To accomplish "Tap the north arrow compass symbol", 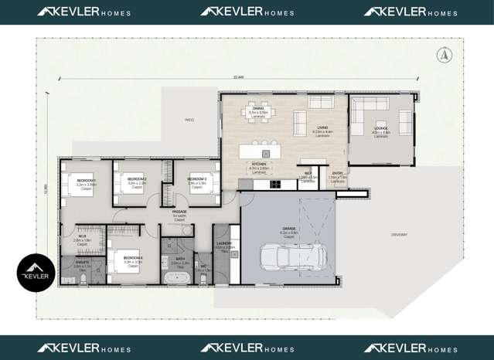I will [443, 54].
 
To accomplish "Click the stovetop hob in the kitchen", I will [275, 185].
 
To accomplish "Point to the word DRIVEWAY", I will [398, 234].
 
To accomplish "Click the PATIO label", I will [189, 120].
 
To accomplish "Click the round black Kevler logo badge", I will [36, 273].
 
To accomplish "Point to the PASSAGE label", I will [179, 211].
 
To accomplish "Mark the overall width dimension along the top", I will [237, 76].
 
